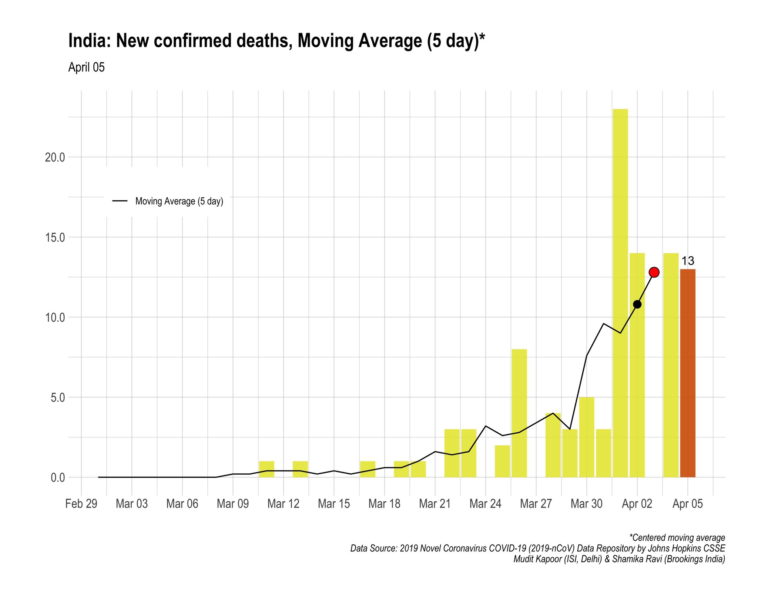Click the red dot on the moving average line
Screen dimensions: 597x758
pos(654,272)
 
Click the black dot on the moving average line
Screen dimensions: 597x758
pos(637,304)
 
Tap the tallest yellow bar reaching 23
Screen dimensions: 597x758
pos(620,293)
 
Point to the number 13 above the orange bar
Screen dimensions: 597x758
pos(688,261)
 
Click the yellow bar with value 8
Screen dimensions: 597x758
pos(519,413)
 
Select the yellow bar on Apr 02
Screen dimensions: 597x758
pos(637,389)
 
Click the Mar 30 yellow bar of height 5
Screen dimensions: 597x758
pos(587,437)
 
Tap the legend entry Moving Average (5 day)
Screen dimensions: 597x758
pos(179,201)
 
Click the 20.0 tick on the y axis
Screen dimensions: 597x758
pos(55,157)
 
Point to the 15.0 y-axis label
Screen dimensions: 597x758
pos(55,237)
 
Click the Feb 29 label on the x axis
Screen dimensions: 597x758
pos(81,504)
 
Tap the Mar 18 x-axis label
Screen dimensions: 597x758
pos(385,504)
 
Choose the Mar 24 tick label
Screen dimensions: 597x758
pos(486,504)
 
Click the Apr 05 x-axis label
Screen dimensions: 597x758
pos(688,504)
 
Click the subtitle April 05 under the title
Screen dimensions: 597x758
pos(86,67)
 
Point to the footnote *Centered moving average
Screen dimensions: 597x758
pos(677,537)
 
